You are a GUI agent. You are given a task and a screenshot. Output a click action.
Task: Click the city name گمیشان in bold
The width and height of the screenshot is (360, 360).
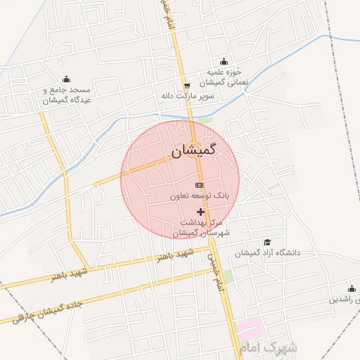click(x=193, y=150)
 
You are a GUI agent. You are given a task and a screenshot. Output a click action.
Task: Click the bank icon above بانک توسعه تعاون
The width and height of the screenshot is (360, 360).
click(x=198, y=185)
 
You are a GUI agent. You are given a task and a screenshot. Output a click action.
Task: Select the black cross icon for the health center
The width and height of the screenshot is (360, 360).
click(x=200, y=212)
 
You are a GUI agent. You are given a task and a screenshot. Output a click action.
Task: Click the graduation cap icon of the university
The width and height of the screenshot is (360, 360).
click(x=268, y=242)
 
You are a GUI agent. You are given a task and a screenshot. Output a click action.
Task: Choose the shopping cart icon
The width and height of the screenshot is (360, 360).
click(x=186, y=85)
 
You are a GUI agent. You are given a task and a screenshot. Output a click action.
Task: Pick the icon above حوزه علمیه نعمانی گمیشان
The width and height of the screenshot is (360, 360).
click(x=224, y=62)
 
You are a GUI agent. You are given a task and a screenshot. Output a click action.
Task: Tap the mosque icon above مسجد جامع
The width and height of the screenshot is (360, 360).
click(x=66, y=79)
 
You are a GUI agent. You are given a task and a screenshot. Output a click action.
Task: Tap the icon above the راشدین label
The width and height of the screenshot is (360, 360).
click(x=352, y=288)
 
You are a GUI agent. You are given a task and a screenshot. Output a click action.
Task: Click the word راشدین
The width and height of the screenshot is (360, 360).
click(x=346, y=300)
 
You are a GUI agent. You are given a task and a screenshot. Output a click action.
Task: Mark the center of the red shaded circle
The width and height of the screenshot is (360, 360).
click(x=180, y=180)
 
